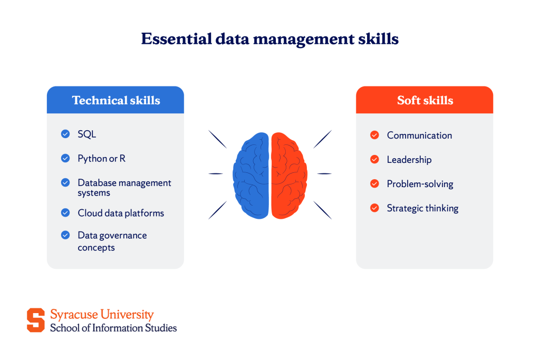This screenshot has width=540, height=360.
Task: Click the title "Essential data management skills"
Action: (269, 39)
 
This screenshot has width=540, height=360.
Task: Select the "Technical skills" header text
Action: (115, 100)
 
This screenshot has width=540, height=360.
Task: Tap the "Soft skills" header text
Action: (425, 100)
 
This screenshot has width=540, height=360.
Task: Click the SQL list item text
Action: (87, 134)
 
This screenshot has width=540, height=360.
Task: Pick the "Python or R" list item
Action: (101, 158)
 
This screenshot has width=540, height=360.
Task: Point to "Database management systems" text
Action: (124, 188)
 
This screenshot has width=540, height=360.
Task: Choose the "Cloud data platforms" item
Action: (121, 213)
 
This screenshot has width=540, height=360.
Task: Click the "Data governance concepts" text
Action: (112, 241)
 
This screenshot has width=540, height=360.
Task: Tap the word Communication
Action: (419, 135)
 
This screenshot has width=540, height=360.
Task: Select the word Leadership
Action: (409, 160)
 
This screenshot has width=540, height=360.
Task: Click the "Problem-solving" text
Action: (420, 184)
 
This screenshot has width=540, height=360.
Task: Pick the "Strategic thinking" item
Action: (422, 208)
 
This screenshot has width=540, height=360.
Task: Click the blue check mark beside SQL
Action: (65, 134)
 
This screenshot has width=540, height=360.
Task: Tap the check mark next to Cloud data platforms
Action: (65, 213)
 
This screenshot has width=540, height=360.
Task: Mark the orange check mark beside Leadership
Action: (374, 160)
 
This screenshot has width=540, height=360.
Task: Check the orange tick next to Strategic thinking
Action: (374, 208)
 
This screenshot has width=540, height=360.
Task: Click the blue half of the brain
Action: (251, 174)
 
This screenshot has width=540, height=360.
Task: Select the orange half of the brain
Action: (289, 174)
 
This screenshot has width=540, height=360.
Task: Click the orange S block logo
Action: (36, 320)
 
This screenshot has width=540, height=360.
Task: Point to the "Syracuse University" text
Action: (102, 315)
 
